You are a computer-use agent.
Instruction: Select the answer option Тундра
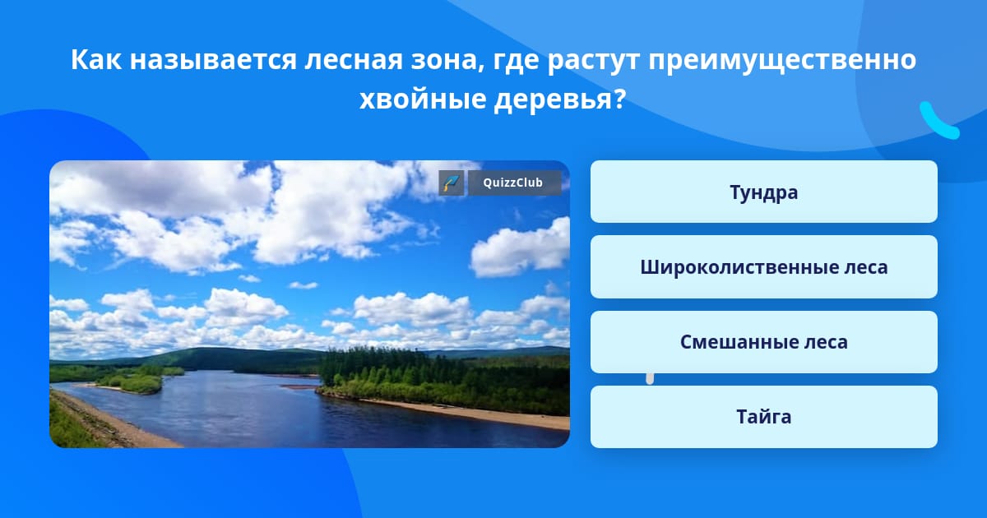[763, 192]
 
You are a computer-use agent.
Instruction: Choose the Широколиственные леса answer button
[763, 267]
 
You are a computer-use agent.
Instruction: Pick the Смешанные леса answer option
[763, 342]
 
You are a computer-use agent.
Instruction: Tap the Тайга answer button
[763, 417]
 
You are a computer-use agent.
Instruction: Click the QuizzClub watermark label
[514, 183]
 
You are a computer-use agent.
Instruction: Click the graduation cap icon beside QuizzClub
[452, 183]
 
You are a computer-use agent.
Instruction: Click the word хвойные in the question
[423, 99]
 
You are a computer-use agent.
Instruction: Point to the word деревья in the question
[559, 99]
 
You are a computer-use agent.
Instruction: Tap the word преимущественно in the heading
[782, 60]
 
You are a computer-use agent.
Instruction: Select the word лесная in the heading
[354, 60]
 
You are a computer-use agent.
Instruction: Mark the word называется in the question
[213, 60]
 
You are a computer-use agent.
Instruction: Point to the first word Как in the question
[96, 59]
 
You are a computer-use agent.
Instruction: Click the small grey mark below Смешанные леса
[650, 379]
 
